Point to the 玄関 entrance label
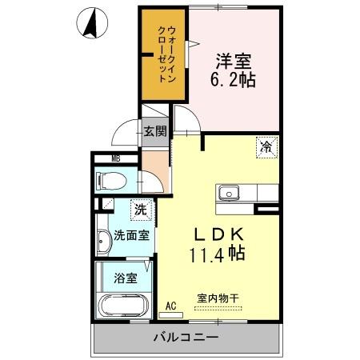tap(154, 131)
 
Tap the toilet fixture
tap(108, 179)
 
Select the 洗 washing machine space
tap(139, 211)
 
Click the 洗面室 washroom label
tap(131, 237)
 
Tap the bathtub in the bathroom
tap(120, 309)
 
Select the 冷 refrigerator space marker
tap(266, 146)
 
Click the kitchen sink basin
tap(229, 193)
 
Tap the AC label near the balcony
tap(170, 306)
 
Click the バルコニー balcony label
tap(186, 338)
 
